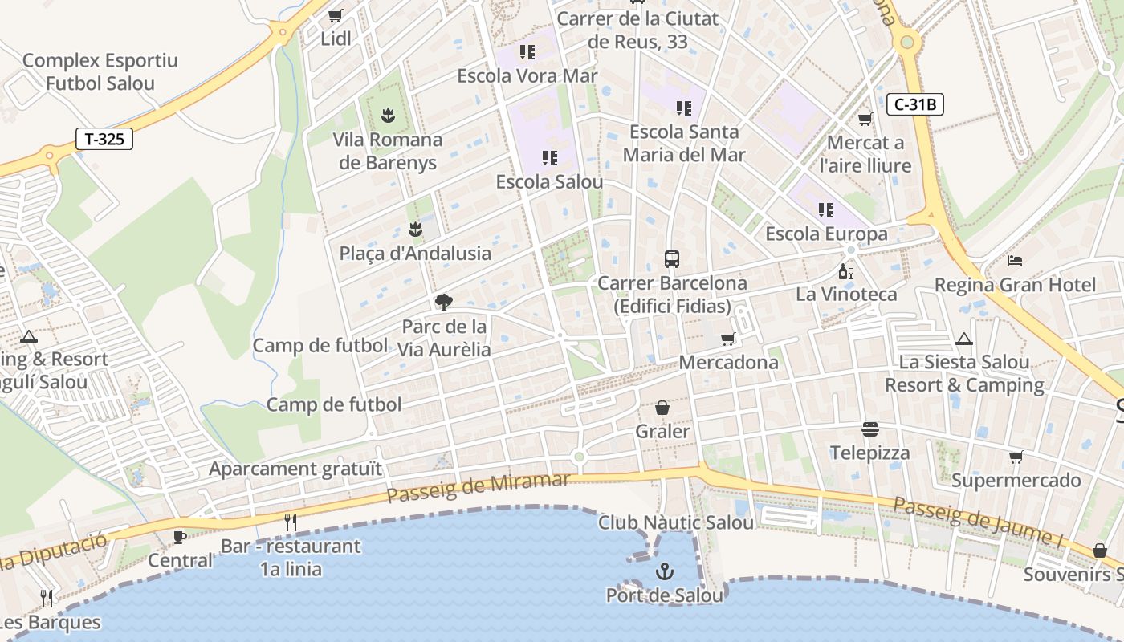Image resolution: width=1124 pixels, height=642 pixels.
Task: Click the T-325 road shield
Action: pyautogui.click(x=104, y=139)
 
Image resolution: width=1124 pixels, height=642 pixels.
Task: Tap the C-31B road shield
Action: pyautogui.click(x=915, y=104)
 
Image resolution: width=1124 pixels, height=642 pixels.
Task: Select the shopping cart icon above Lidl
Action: pyautogui.click(x=336, y=15)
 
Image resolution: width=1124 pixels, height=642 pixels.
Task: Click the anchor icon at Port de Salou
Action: pyautogui.click(x=664, y=571)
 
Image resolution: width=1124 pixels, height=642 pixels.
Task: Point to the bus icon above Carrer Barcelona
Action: pyautogui.click(x=672, y=259)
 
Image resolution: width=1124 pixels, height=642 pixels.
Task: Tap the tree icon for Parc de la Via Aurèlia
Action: pyautogui.click(x=443, y=303)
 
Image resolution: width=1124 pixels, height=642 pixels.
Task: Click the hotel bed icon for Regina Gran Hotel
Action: pyautogui.click(x=1015, y=261)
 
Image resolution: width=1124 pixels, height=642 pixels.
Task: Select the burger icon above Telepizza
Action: pyautogui.click(x=870, y=429)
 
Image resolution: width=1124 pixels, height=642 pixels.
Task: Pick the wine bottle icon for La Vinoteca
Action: pyautogui.click(x=845, y=271)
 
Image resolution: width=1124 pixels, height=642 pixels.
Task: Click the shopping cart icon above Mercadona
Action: pyautogui.click(x=728, y=339)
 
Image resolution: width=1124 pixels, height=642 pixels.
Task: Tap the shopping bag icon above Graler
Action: pyautogui.click(x=662, y=408)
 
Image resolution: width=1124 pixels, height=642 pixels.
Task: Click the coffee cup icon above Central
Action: pyautogui.click(x=180, y=536)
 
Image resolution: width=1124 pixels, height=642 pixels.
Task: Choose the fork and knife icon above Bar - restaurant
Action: pyautogui.click(x=291, y=522)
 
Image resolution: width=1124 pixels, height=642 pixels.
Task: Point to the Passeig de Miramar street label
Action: pyautogui.click(x=479, y=487)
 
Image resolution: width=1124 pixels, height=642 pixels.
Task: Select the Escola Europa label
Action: pyautogui.click(x=826, y=234)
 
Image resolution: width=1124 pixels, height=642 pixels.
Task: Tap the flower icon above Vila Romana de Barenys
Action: pyautogui.click(x=388, y=116)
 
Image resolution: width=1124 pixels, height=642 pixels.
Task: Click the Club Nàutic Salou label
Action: pyautogui.click(x=676, y=522)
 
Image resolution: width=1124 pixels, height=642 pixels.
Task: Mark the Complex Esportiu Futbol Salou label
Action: pyautogui.click(x=100, y=71)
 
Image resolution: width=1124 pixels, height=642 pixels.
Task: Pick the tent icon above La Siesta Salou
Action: pyautogui.click(x=963, y=339)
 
